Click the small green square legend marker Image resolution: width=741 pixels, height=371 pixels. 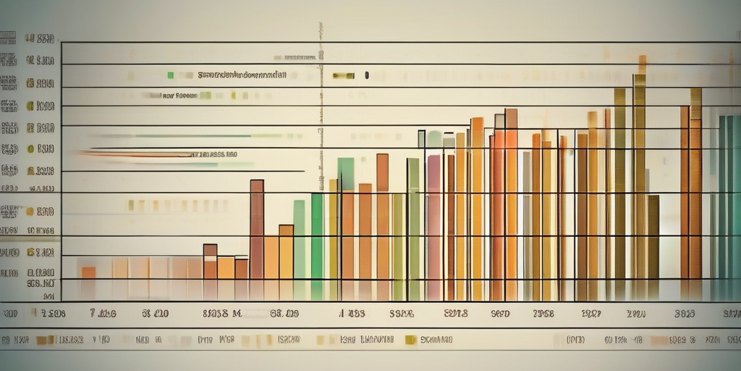(x=170, y=75)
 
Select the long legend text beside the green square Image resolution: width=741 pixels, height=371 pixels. (x=241, y=75)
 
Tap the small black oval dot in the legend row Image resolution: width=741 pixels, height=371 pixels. (x=367, y=75)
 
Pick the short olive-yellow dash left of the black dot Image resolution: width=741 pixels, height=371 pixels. (x=343, y=75)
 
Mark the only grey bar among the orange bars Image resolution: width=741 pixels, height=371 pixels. (x=527, y=225)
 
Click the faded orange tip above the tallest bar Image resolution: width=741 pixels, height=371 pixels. (x=642, y=64)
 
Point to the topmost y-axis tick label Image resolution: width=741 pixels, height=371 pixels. (x=40, y=39)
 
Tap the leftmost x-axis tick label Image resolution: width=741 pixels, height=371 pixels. (x=11, y=314)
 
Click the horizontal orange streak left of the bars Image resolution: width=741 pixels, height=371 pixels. (x=137, y=154)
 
